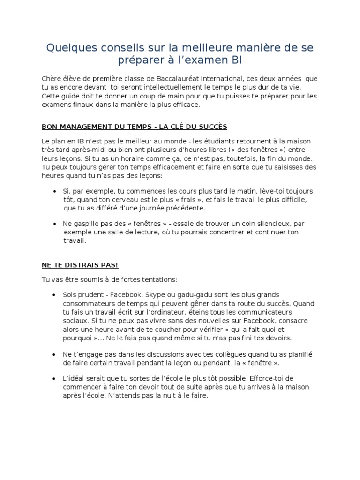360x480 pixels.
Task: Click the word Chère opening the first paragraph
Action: (x=52, y=79)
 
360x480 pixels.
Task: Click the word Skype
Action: (x=155, y=295)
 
